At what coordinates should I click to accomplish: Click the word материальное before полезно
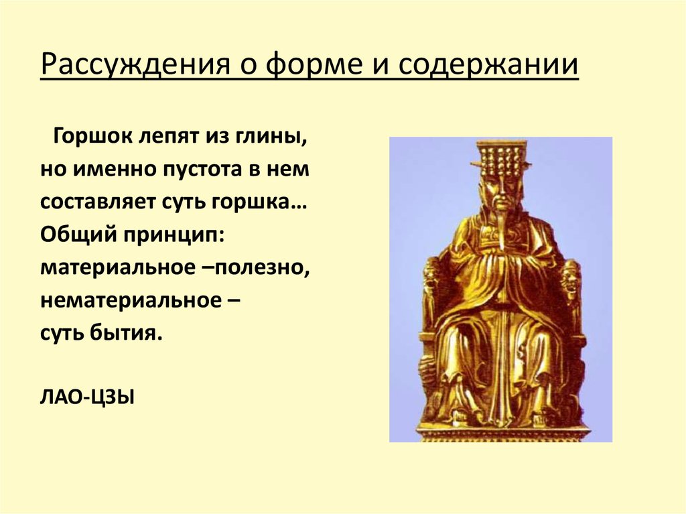pyautogui.click(x=112, y=266)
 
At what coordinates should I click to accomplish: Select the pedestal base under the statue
pyautogui.click(x=502, y=432)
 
